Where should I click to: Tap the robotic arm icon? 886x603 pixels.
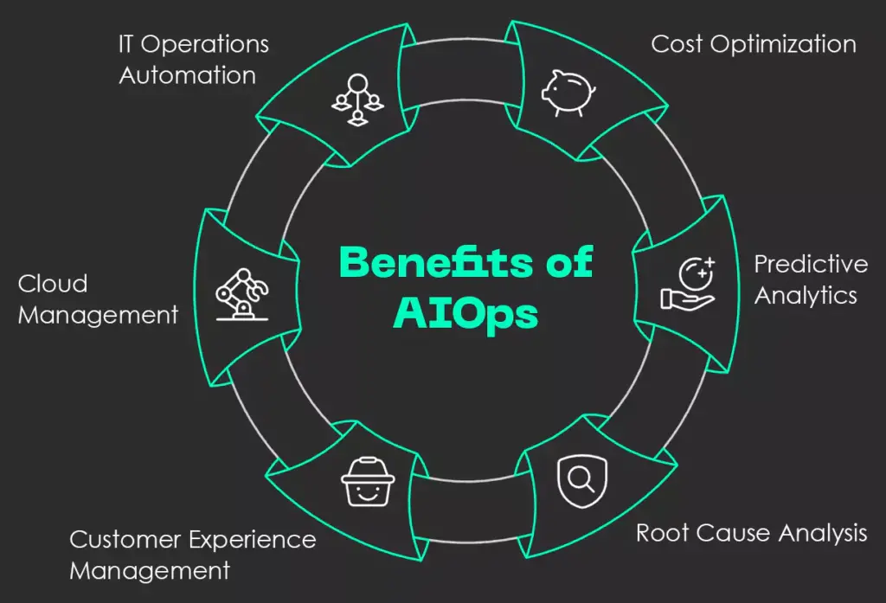click(x=241, y=294)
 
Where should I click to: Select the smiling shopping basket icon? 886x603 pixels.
click(x=368, y=482)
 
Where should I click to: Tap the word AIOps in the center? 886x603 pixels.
click(x=466, y=314)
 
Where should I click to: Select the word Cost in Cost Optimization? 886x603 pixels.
click(x=677, y=43)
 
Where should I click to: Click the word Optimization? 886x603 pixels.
click(x=782, y=44)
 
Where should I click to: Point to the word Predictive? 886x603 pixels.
click(x=811, y=263)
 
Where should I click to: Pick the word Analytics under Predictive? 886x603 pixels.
click(x=806, y=295)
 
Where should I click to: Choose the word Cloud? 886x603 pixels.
click(x=53, y=284)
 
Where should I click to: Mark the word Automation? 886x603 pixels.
click(x=188, y=75)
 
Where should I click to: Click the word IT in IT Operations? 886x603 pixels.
click(x=125, y=43)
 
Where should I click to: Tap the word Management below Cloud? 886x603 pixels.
click(x=98, y=315)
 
